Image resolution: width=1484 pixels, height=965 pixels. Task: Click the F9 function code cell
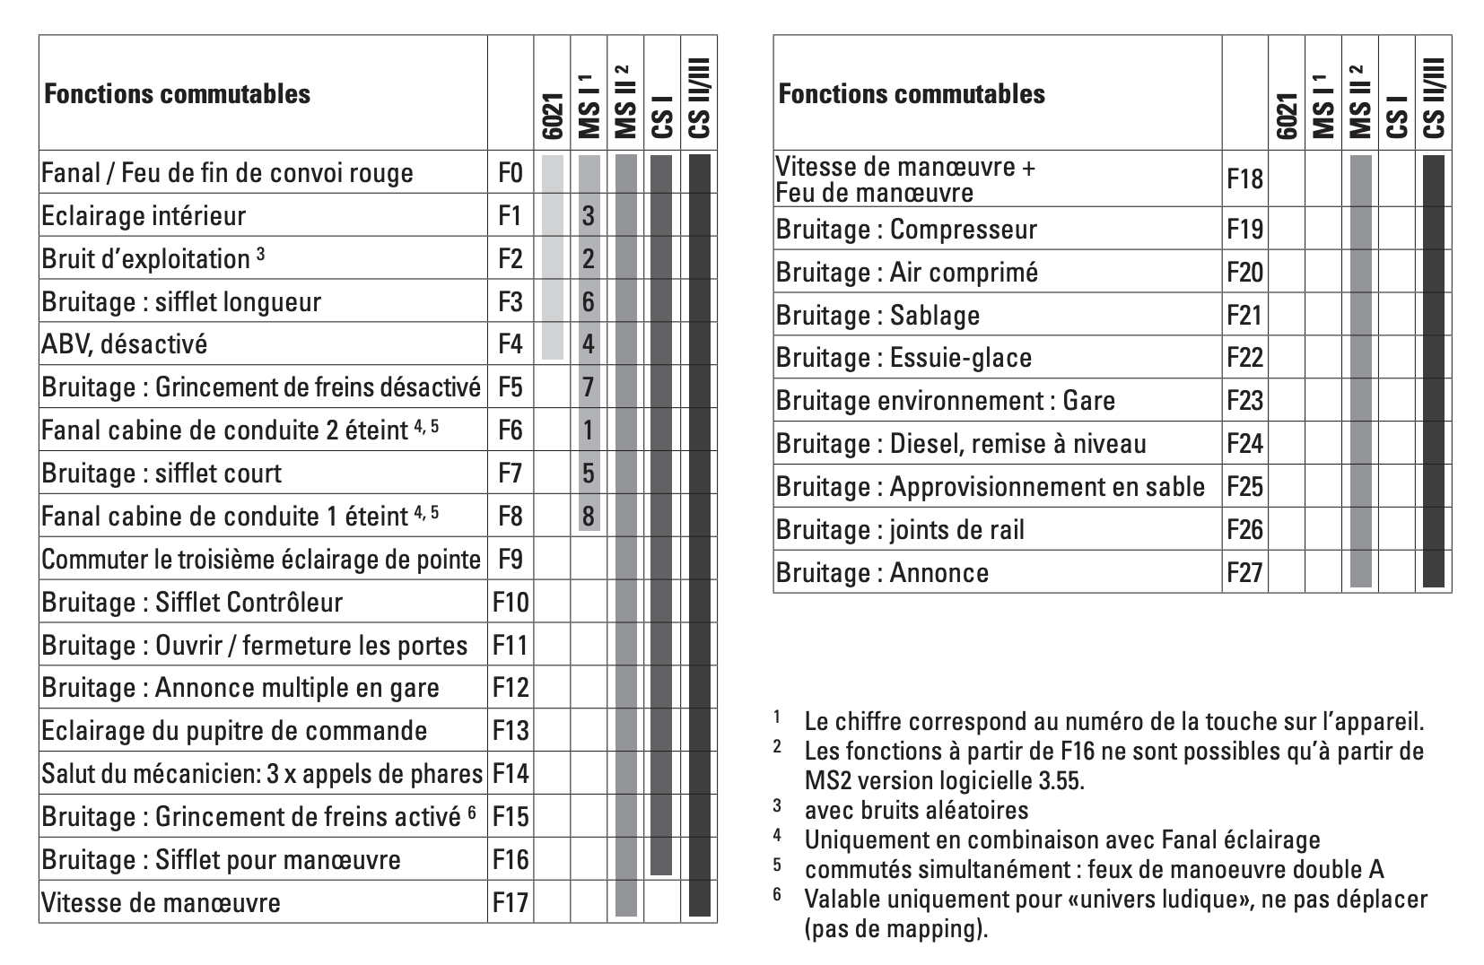click(x=510, y=559)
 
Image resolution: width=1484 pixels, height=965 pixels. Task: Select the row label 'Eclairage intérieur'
click(x=144, y=216)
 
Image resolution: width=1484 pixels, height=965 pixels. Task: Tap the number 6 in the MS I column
click(x=588, y=301)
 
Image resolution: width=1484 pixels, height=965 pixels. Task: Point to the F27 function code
click(x=1244, y=572)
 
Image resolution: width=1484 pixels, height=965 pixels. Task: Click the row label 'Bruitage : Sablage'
click(x=877, y=315)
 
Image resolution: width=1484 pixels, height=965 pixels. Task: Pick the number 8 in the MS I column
click(x=588, y=516)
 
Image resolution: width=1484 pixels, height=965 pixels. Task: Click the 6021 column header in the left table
click(x=552, y=117)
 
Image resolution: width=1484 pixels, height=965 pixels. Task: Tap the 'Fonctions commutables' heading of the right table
click(x=912, y=93)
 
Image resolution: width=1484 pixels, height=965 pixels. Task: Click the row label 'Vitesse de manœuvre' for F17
click(x=161, y=902)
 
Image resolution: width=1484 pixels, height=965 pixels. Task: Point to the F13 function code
click(x=511, y=730)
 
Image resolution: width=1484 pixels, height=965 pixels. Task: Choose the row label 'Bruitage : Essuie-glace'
click(x=903, y=358)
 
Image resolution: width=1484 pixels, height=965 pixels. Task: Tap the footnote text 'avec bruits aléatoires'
click(x=916, y=810)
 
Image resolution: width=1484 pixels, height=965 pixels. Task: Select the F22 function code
click(x=1244, y=358)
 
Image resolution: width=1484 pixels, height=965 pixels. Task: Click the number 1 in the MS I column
click(x=588, y=430)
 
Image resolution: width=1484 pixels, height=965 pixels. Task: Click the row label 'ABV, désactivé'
click(x=125, y=344)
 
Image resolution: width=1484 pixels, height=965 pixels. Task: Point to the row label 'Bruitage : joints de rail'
click(x=900, y=530)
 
